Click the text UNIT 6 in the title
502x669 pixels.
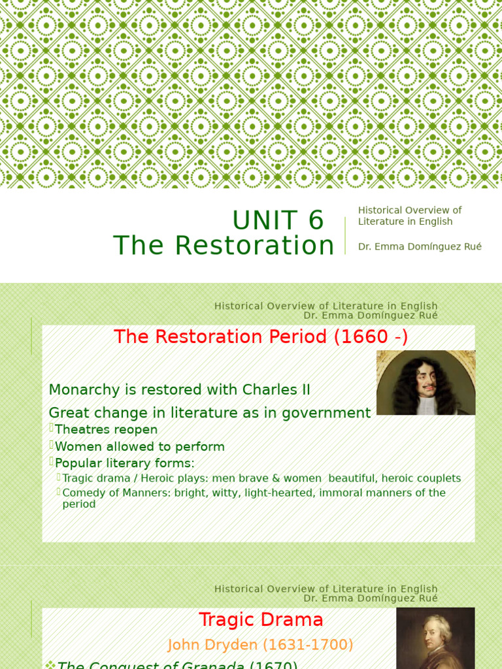point(278,221)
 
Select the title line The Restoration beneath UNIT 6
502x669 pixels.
point(224,246)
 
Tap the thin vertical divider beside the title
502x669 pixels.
point(345,235)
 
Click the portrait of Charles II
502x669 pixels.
point(426,383)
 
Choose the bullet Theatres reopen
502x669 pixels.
point(106,430)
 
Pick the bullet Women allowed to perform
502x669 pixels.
point(139,447)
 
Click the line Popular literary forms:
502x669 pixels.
point(124,463)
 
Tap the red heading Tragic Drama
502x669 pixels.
point(261,620)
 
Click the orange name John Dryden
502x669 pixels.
point(213,645)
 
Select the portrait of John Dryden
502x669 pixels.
point(435,638)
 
